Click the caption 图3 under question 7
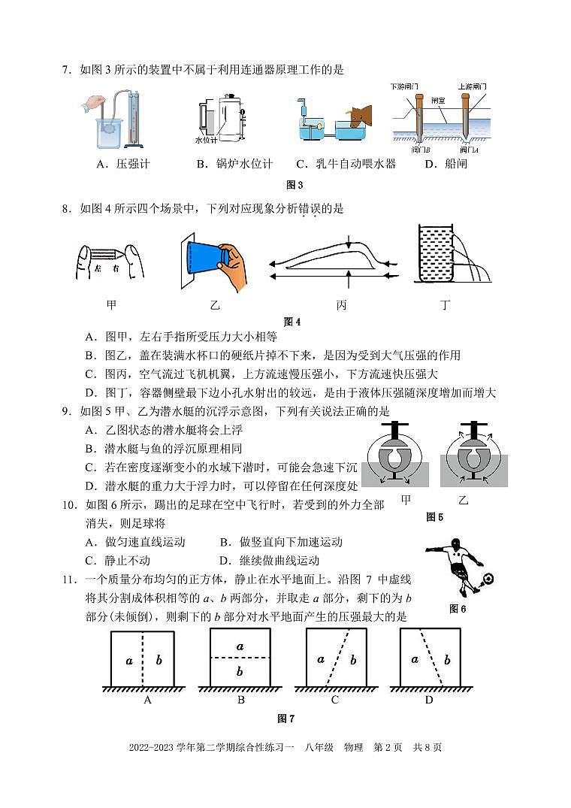click(x=294, y=185)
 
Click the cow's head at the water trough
click(x=361, y=115)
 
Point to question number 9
click(x=67, y=411)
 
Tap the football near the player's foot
click(x=488, y=579)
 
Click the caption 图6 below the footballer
click(x=458, y=609)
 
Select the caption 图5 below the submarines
click(x=434, y=516)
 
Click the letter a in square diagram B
click(x=240, y=646)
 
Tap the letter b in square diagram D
click(x=447, y=660)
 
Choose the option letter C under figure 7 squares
click(x=334, y=700)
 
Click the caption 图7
click(x=285, y=719)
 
